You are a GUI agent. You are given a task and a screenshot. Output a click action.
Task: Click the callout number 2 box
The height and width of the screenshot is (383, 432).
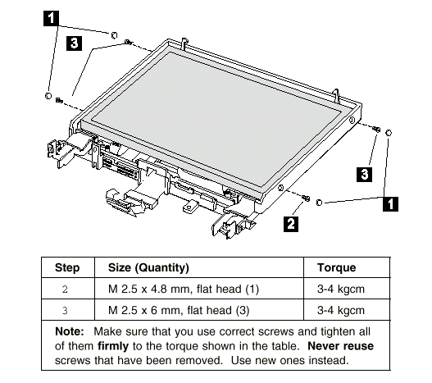click(x=291, y=224)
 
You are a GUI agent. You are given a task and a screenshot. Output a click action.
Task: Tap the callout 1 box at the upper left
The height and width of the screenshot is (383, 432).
click(x=51, y=18)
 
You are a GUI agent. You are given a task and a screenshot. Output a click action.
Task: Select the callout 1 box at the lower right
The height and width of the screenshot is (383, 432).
click(x=390, y=204)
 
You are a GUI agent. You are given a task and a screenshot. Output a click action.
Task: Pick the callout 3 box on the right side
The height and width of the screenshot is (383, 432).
click(x=364, y=174)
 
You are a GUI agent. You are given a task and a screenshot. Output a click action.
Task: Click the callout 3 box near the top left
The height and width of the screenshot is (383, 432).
click(x=74, y=43)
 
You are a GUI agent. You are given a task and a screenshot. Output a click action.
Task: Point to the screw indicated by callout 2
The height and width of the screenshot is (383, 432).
click(x=306, y=198)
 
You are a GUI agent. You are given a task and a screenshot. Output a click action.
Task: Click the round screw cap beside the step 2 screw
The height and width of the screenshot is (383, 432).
click(x=319, y=203)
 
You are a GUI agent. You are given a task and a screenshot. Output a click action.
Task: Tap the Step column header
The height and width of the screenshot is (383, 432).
click(x=67, y=267)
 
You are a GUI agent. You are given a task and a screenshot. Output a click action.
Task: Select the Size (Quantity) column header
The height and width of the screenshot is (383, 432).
click(x=148, y=267)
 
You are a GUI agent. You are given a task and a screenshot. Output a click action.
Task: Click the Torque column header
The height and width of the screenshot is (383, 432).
click(x=336, y=267)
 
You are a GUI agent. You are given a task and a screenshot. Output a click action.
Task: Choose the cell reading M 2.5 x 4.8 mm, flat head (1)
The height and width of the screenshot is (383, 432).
click(x=184, y=289)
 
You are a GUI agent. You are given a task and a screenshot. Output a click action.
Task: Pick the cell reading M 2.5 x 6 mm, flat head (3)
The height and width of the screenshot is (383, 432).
click(x=179, y=310)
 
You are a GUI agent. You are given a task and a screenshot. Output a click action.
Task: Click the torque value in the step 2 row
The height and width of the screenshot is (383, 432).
click(x=341, y=289)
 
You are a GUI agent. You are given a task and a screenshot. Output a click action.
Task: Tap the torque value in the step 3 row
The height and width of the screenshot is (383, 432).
click(x=341, y=310)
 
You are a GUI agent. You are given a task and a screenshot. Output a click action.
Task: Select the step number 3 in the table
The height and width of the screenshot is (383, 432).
click(x=65, y=311)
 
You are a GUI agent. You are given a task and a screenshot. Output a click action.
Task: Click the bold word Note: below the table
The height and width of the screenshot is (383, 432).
click(x=70, y=331)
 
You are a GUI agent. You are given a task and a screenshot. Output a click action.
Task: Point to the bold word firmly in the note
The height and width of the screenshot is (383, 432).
click(x=113, y=346)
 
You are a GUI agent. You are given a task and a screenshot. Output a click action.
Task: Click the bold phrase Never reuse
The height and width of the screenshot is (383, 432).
click(x=340, y=346)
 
